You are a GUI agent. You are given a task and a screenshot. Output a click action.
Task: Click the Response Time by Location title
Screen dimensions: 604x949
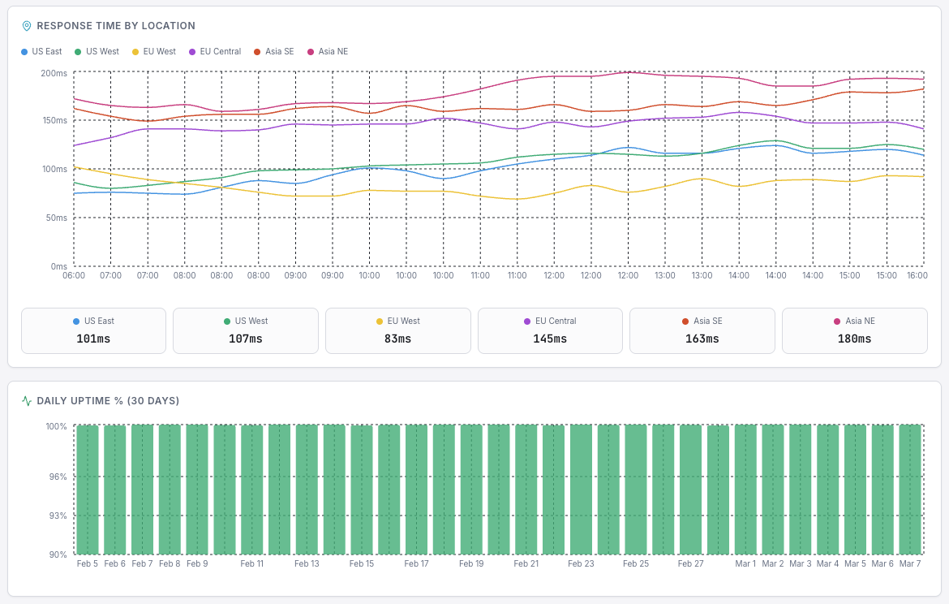[116, 26]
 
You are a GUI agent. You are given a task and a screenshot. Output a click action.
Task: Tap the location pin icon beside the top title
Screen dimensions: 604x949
[27, 26]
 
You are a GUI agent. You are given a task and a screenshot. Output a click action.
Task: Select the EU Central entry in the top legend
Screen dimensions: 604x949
[215, 52]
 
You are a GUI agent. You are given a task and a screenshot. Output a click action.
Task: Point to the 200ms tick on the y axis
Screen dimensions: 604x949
[54, 73]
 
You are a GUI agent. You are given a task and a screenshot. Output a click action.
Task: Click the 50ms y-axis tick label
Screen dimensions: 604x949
[54, 218]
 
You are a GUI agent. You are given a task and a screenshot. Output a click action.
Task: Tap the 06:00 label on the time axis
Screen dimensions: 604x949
[74, 275]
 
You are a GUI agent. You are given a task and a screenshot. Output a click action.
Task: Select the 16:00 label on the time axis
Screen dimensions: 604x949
[917, 275]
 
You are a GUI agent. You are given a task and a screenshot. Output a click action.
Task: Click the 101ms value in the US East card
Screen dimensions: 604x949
[93, 339]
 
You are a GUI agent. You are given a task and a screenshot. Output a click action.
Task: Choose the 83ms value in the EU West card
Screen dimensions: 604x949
[397, 339]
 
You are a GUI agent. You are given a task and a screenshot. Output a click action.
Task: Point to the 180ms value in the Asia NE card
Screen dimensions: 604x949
[854, 339]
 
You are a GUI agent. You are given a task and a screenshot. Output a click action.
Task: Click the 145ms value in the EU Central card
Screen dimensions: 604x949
[550, 339]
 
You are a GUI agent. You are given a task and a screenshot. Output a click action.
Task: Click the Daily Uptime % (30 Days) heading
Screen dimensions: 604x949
[108, 401]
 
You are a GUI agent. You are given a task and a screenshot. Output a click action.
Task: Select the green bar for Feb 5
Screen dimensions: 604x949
[88, 489]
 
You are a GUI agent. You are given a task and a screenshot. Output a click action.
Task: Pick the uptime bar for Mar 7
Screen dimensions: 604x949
[910, 489]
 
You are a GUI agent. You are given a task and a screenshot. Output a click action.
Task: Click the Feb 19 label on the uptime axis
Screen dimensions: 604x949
[471, 563]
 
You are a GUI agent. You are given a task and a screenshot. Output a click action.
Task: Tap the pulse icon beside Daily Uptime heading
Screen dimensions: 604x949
[27, 401]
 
